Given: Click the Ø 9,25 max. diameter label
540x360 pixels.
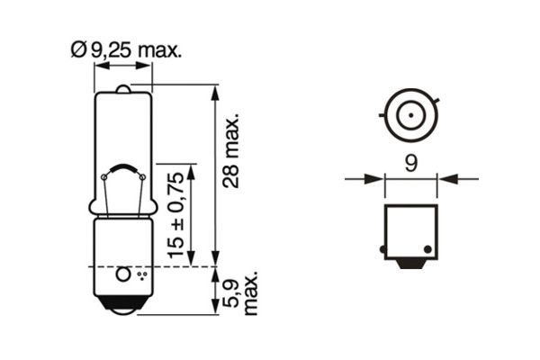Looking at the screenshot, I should pyautogui.click(x=125, y=51).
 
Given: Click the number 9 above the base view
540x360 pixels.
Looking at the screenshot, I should pyautogui.click(x=410, y=163).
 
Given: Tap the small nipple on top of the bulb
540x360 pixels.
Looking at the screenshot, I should pyautogui.click(x=122, y=88).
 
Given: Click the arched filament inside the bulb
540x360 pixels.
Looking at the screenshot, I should pyautogui.click(x=122, y=170).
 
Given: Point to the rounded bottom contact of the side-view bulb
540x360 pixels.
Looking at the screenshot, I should pyautogui.click(x=122, y=306).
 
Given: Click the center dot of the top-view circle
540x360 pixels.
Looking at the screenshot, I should pyautogui.click(x=409, y=116).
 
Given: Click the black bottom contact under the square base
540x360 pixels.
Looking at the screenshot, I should pyautogui.click(x=410, y=267).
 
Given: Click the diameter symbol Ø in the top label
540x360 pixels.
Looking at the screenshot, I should pyautogui.click(x=76, y=51).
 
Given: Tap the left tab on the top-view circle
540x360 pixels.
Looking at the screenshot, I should pyautogui.click(x=384, y=116).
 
